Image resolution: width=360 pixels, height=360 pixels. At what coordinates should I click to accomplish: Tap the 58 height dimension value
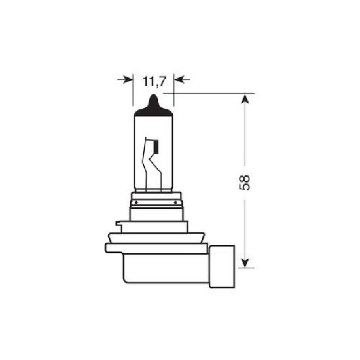[x=245, y=182]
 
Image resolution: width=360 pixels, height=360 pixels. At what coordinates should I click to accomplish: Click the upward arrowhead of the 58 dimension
[x=245, y=98]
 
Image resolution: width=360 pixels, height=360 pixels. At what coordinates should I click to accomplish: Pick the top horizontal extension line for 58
[x=209, y=94]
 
